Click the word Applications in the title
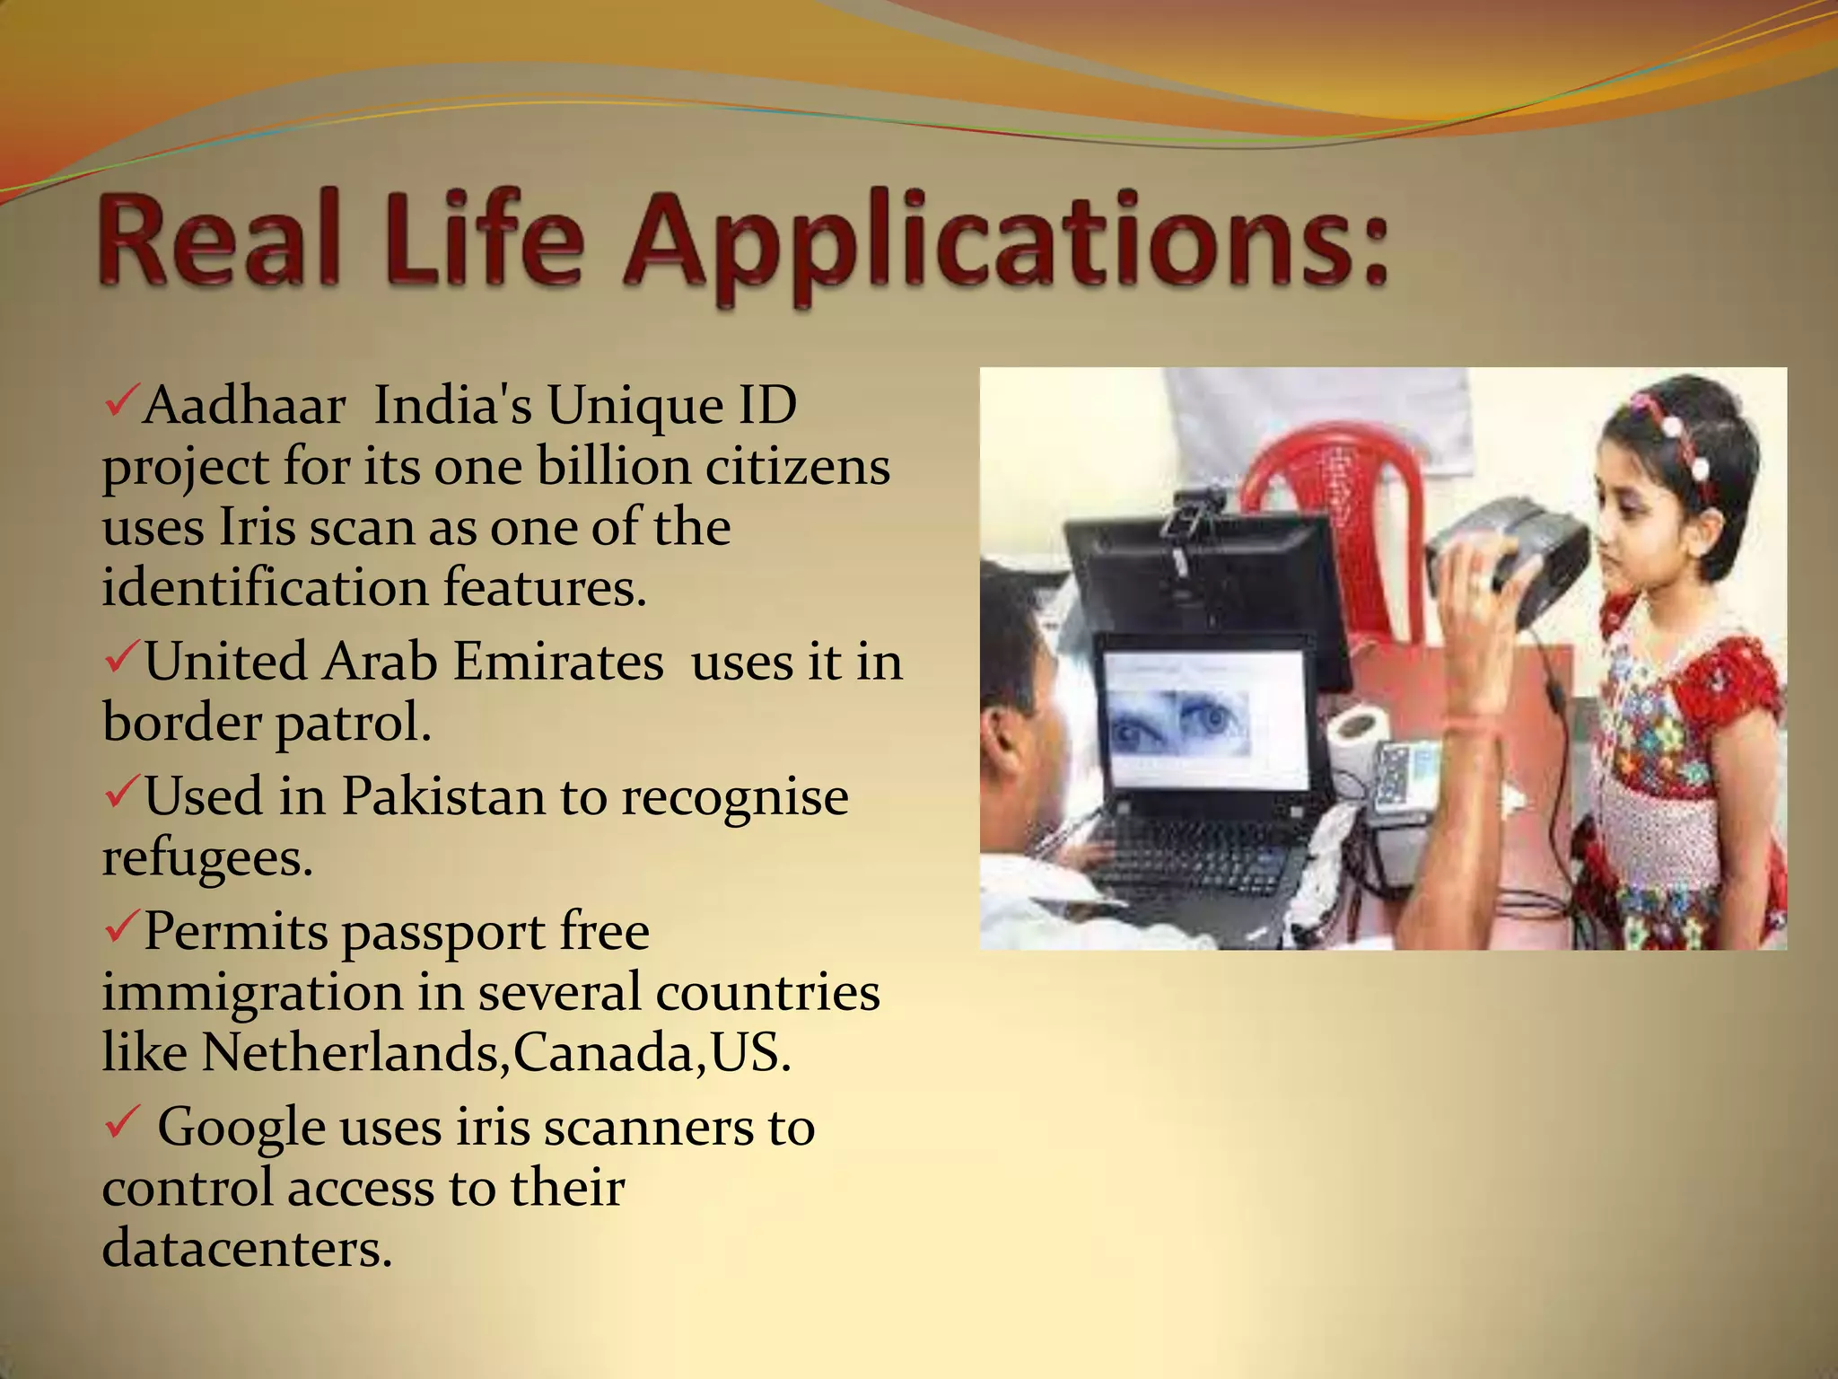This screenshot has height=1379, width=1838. [1005, 241]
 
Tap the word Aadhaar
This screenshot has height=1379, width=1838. [244, 406]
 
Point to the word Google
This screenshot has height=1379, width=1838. [241, 1128]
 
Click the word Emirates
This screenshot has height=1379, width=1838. [557, 663]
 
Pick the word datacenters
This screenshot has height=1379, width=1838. [247, 1248]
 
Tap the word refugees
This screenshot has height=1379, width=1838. [207, 858]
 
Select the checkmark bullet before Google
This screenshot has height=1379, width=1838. [120, 1122]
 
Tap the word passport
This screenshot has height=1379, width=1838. [443, 932]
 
